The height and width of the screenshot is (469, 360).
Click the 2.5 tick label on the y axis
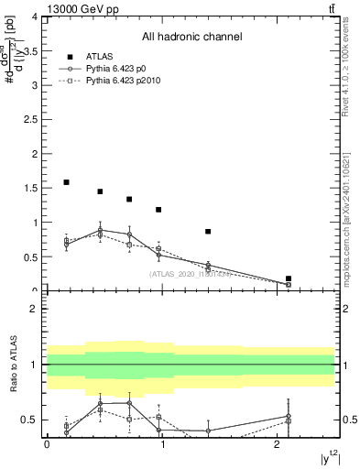[x=33, y=120]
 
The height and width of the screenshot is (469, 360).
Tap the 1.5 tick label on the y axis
[x=33, y=189]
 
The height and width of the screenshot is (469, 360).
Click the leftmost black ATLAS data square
[x=66, y=182]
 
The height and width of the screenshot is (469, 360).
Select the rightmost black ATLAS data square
[x=289, y=278]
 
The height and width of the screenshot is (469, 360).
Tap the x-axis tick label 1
[x=162, y=444]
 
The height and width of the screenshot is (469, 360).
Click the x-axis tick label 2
[x=277, y=444]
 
